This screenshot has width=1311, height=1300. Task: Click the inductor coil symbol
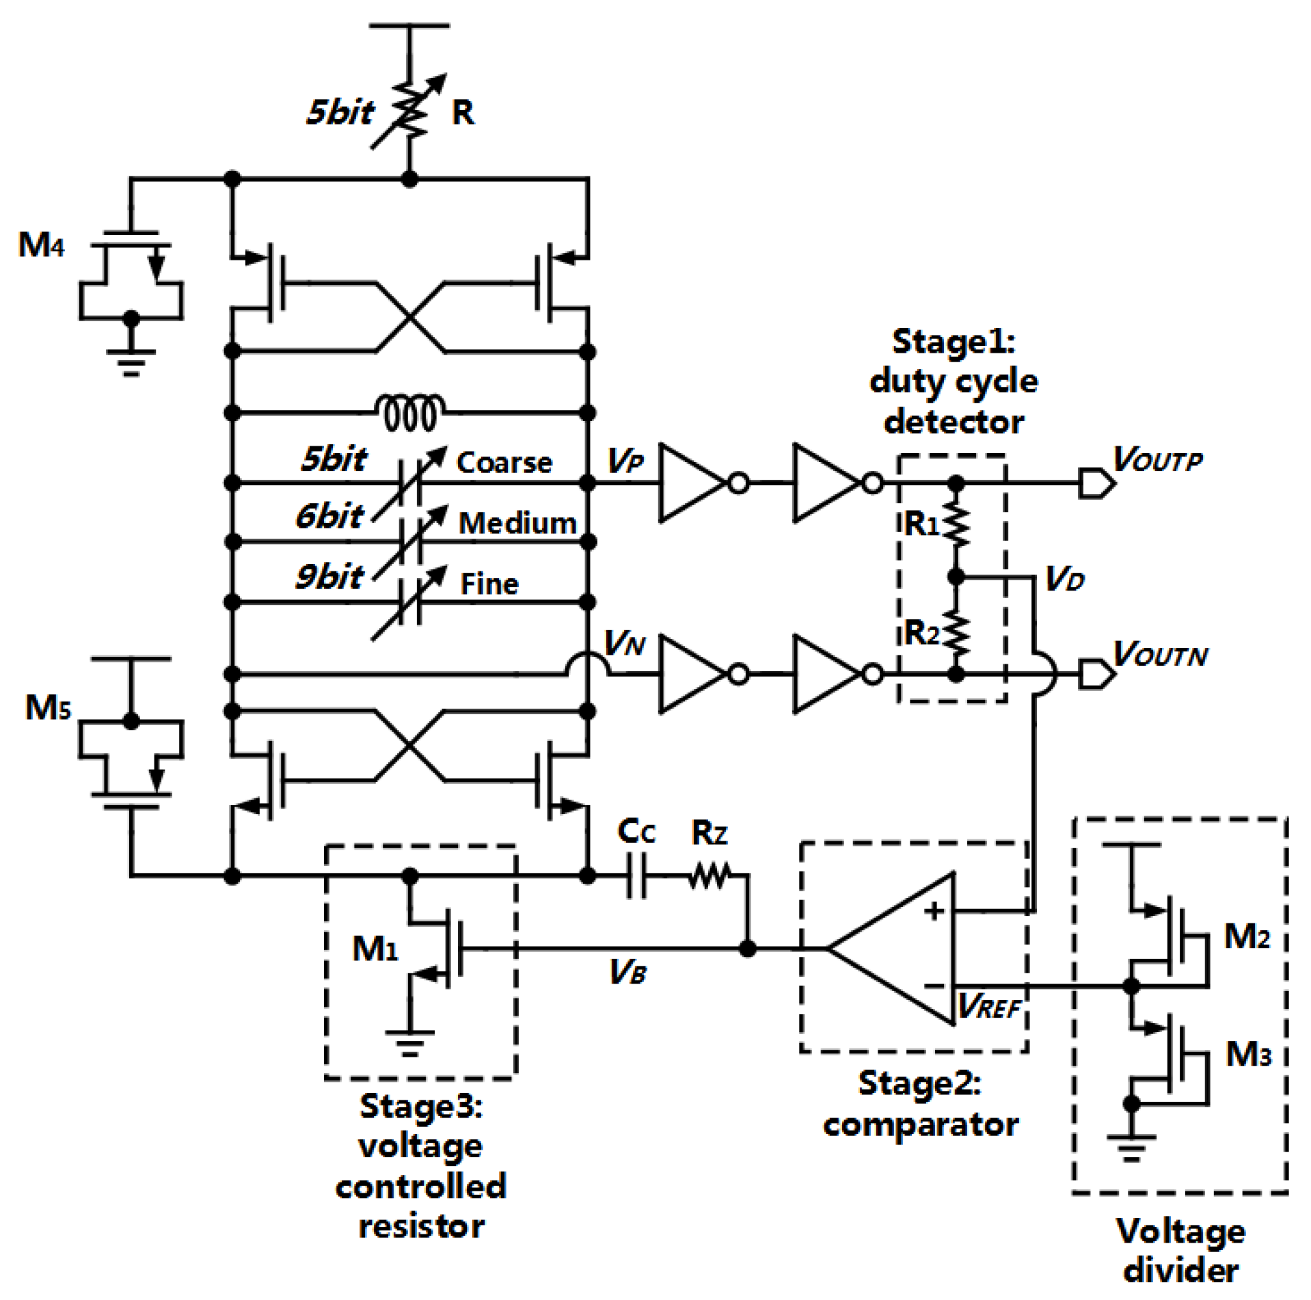(409, 413)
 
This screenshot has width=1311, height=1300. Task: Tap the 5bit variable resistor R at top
(409, 111)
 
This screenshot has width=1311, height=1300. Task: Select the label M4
(41, 245)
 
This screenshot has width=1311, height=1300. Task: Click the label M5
(48, 707)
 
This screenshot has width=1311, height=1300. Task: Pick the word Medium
(517, 524)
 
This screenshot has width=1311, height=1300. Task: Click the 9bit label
(329, 577)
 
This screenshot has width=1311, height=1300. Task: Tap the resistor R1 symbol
(956, 525)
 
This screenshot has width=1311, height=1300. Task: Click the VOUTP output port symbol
(1096, 483)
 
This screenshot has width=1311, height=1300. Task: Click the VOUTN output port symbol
(1096, 674)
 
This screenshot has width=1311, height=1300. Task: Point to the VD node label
(1064, 580)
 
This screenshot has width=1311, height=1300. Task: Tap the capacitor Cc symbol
(636, 875)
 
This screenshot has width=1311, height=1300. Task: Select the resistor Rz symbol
(709, 875)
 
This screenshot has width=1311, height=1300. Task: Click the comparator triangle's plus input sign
(934, 911)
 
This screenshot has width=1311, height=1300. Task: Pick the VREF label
(988, 1006)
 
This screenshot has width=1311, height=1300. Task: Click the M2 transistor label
(1247, 936)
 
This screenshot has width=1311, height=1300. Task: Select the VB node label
(627, 971)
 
